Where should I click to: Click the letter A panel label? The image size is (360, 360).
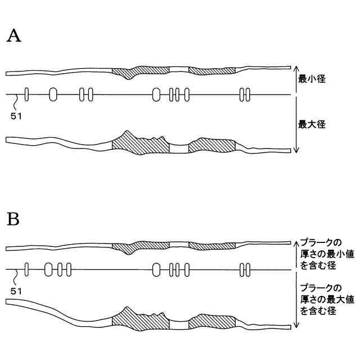[13, 37]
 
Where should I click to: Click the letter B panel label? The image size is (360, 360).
[13, 219]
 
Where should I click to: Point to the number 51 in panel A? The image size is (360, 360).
[17, 116]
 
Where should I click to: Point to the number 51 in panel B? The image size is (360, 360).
[17, 291]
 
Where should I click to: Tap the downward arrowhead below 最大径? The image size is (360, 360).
[296, 150]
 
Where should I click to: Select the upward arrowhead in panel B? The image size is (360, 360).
[296, 242]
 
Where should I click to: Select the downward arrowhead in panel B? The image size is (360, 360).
[296, 326]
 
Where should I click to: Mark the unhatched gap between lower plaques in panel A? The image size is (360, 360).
[179, 148]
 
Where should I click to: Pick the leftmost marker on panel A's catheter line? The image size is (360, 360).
[26, 94]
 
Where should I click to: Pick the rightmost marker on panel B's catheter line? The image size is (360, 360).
[247, 270]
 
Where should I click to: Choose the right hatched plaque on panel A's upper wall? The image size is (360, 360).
[211, 71]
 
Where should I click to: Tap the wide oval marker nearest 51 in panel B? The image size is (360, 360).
[48, 269]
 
